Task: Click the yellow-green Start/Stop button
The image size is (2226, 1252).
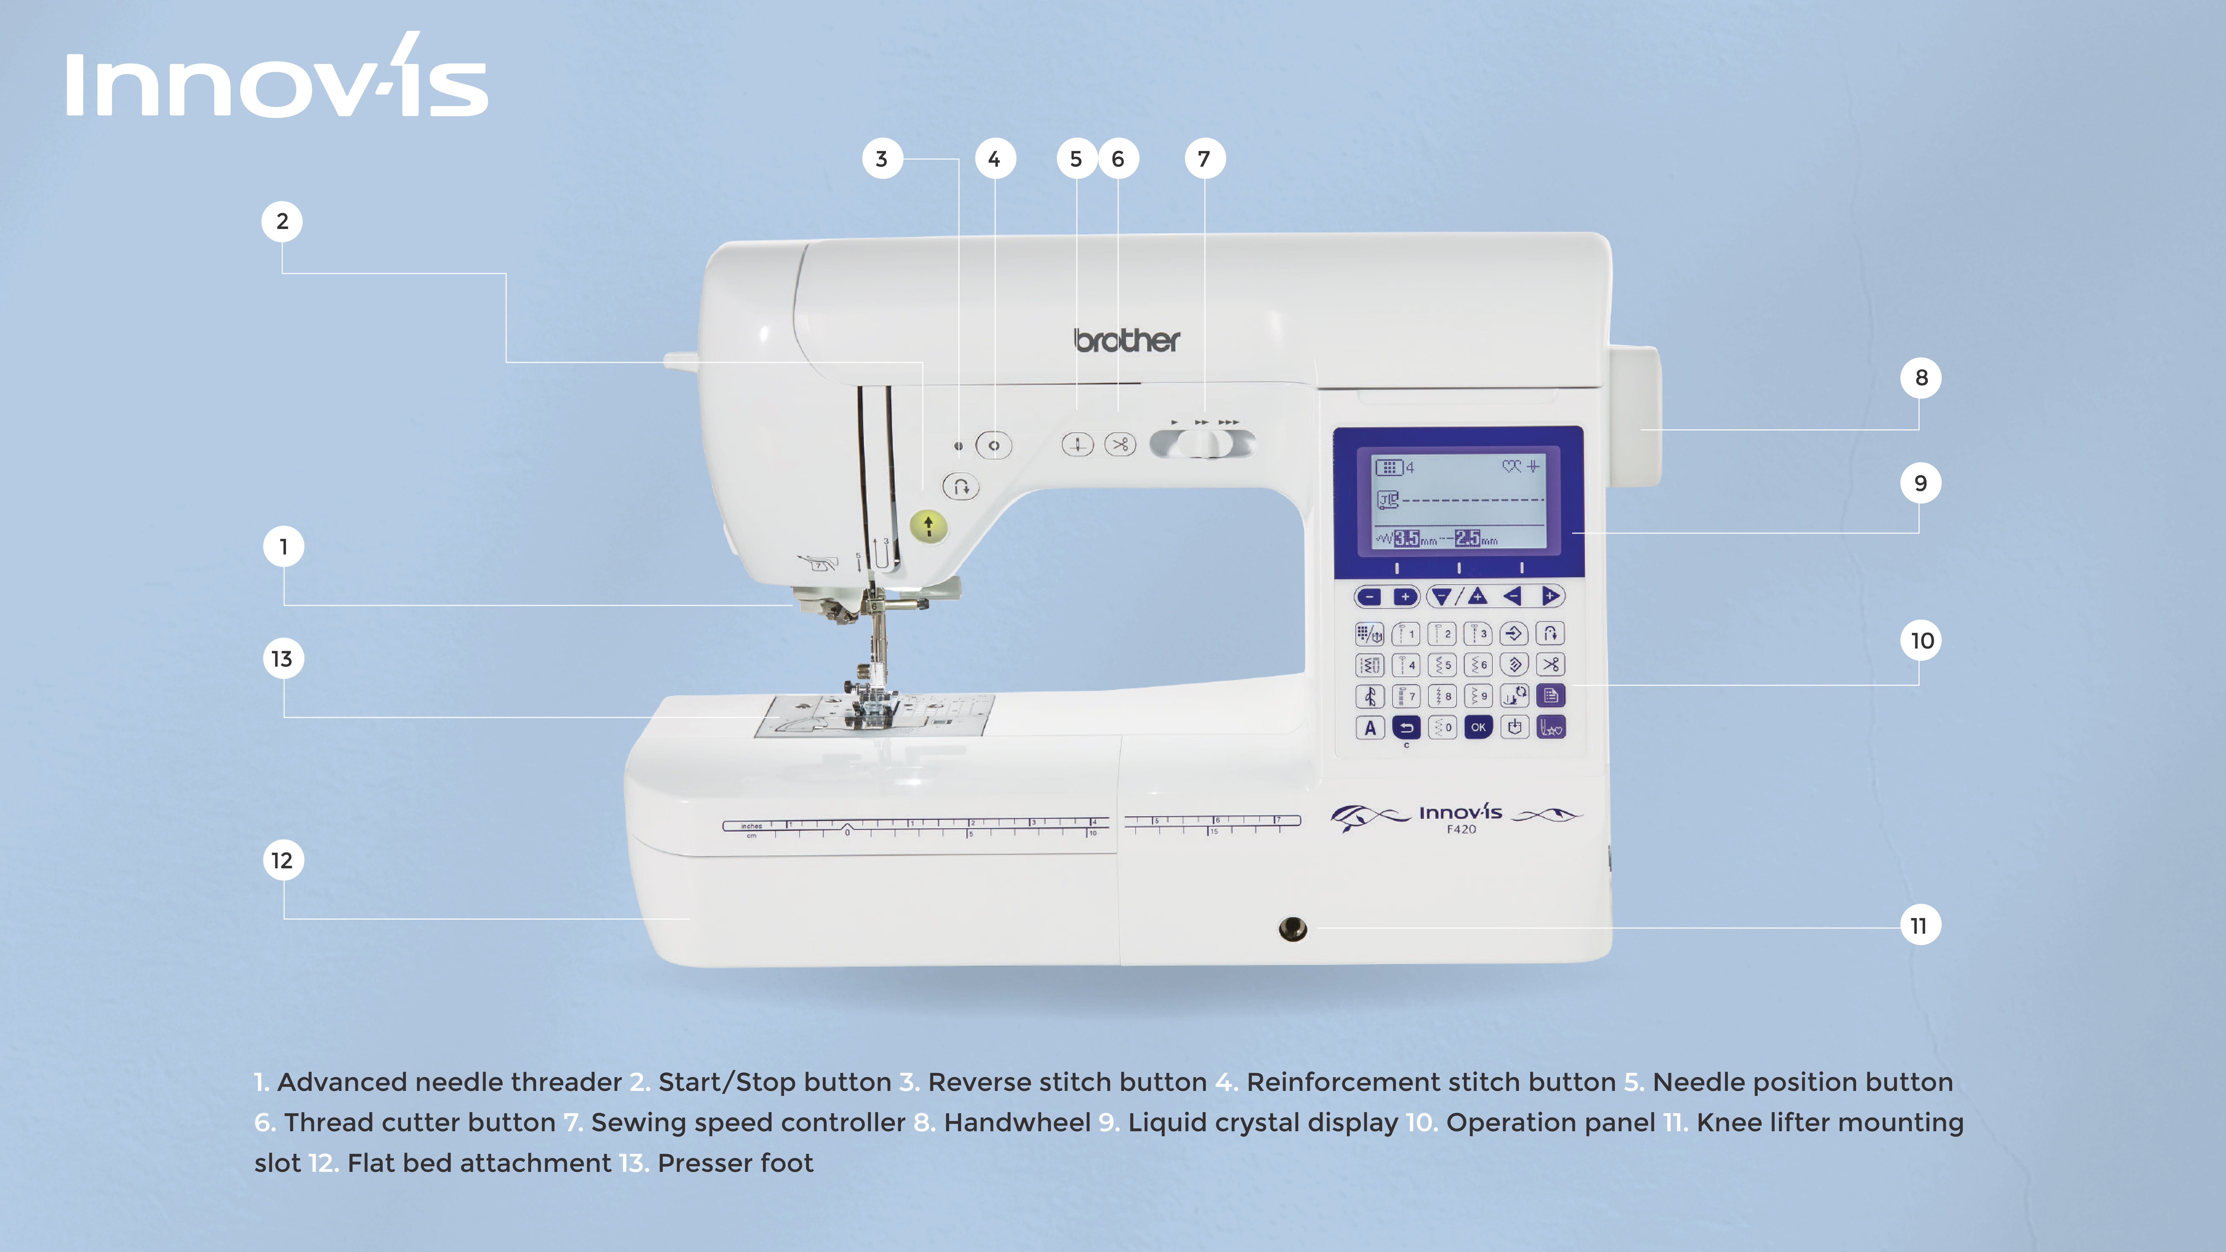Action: click(x=929, y=524)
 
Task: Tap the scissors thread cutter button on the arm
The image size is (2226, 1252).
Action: click(x=1120, y=445)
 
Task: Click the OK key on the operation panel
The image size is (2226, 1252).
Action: click(x=1479, y=728)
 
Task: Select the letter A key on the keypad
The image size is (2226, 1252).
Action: click(x=1370, y=728)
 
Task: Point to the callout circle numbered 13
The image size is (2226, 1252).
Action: click(x=283, y=659)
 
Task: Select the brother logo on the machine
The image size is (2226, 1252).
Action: click(x=1127, y=341)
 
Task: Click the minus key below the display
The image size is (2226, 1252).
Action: click(x=1369, y=596)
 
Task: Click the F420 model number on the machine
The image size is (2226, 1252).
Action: click(x=1461, y=829)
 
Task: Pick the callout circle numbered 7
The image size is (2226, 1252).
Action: click(x=1205, y=159)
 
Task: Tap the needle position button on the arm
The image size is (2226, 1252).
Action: click(x=1078, y=445)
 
